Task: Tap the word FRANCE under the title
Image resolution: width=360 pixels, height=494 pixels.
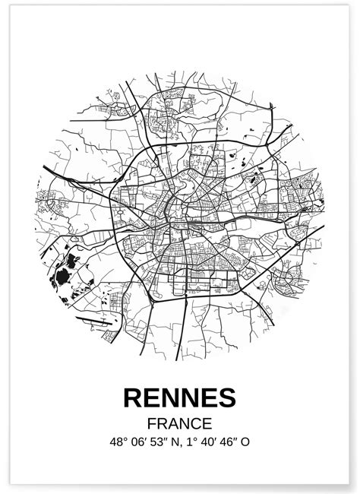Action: [x=180, y=423]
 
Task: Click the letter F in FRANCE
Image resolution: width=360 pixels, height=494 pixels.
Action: [x=153, y=423]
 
